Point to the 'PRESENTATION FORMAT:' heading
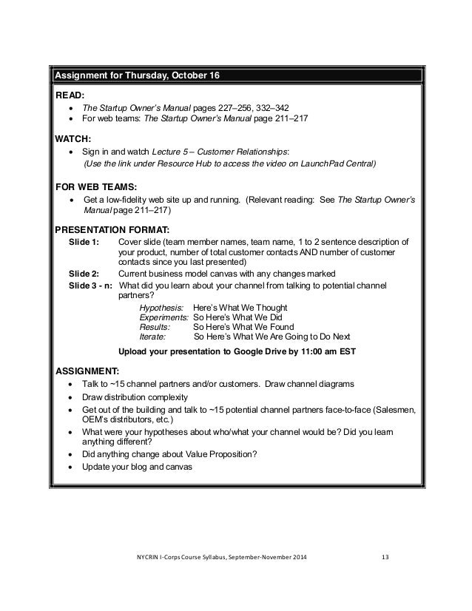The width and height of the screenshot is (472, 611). point(113,229)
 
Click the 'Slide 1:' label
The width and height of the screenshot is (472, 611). point(84,242)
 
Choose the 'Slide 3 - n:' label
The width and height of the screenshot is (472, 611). point(90,285)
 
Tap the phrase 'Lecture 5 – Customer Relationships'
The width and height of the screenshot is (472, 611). point(225,152)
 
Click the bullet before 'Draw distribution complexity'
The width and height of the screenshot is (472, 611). point(70,396)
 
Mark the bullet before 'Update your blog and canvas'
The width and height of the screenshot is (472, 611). point(70,467)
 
